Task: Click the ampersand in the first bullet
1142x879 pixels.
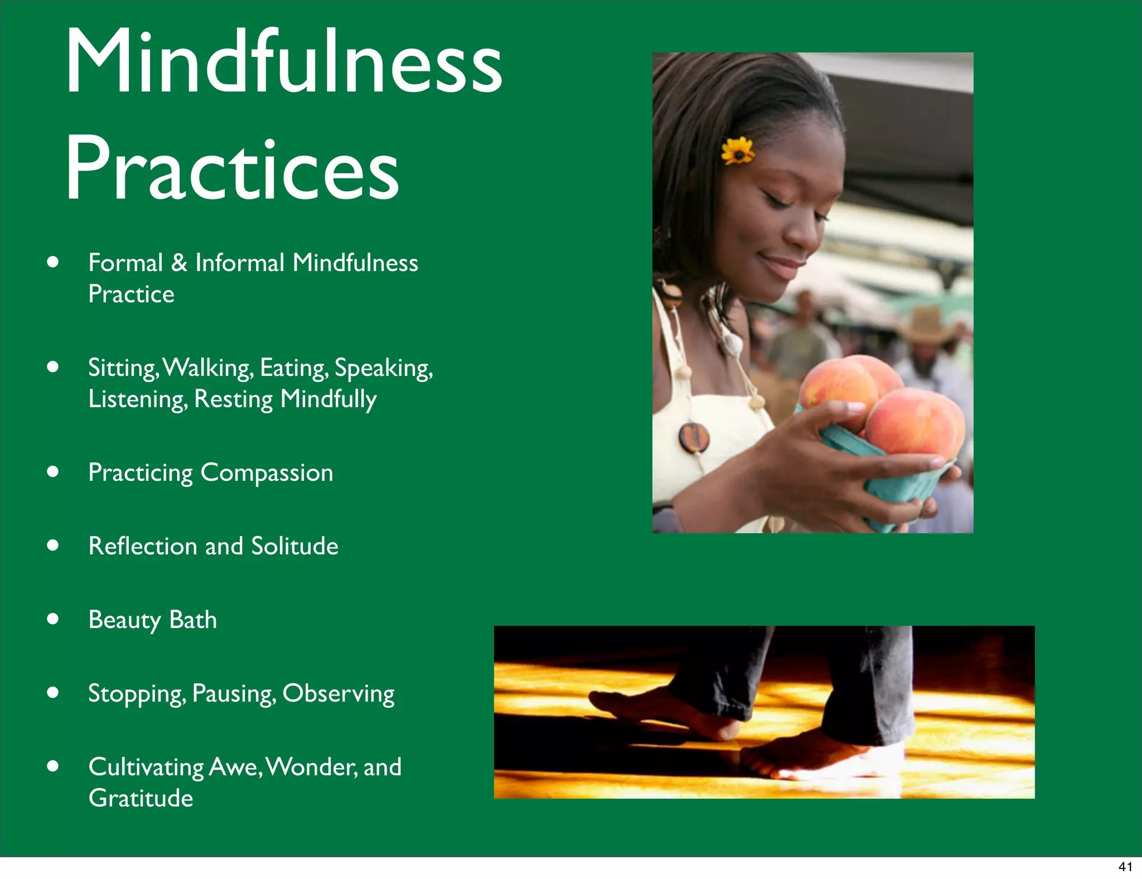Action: (179, 263)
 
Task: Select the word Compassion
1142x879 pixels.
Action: (267, 473)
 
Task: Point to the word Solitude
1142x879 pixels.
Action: (294, 546)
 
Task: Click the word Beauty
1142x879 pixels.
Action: (124, 620)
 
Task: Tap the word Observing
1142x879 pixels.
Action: (338, 694)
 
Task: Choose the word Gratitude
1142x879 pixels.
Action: (141, 798)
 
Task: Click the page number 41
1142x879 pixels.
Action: (1125, 867)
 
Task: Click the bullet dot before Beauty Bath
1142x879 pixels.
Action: (53, 619)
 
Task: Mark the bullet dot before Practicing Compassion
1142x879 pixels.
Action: (53, 472)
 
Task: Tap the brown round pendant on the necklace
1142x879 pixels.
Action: (694, 437)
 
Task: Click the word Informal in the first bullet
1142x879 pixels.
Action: (240, 263)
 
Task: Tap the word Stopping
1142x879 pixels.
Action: (137, 694)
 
